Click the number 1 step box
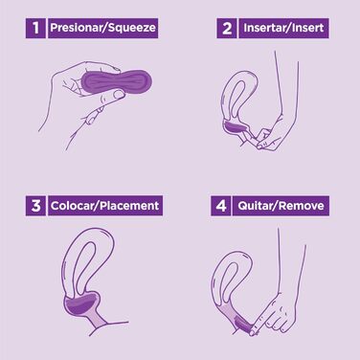click(x=35, y=28)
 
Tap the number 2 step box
click(x=227, y=28)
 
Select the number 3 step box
click(x=35, y=206)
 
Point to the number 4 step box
click(x=220, y=206)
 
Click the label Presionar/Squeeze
click(x=102, y=28)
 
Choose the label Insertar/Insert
click(x=283, y=28)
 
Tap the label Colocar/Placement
click(x=105, y=206)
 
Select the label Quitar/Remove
click(x=281, y=206)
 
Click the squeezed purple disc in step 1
click(x=117, y=81)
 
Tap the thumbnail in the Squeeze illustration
click(x=119, y=94)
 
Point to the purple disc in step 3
click(x=81, y=304)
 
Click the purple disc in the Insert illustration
click(x=236, y=128)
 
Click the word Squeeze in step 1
click(x=132, y=28)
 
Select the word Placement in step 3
click(x=129, y=206)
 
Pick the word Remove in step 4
click(x=302, y=206)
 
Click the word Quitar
click(x=256, y=206)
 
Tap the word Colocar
click(x=73, y=206)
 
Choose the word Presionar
click(x=77, y=28)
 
